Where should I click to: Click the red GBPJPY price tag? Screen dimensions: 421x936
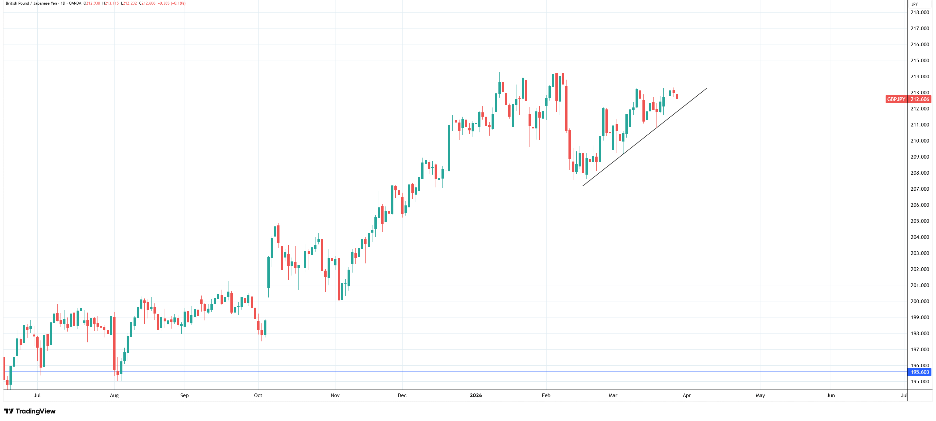pyautogui.click(x=896, y=99)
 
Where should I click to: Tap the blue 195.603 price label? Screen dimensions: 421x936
pyautogui.click(x=920, y=372)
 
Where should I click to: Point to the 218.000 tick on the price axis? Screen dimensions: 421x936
pyautogui.click(x=919, y=12)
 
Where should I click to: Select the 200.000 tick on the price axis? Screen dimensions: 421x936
pyautogui.click(x=919, y=301)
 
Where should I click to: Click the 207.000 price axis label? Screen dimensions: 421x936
pyautogui.click(x=919, y=189)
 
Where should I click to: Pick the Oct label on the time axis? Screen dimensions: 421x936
pyautogui.click(x=258, y=395)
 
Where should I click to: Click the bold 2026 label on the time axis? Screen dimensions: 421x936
pyautogui.click(x=476, y=395)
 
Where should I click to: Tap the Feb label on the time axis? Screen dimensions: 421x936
pyautogui.click(x=546, y=395)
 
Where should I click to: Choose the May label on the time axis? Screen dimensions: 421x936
pyautogui.click(x=760, y=395)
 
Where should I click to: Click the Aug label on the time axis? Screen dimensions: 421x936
pyautogui.click(x=114, y=395)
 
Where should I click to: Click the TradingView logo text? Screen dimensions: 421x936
pyautogui.click(x=35, y=411)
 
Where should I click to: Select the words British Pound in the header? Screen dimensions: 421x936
pyautogui.click(x=17, y=3)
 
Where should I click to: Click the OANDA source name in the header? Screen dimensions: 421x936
pyautogui.click(x=75, y=3)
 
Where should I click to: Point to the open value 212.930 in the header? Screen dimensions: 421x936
pyautogui.click(x=93, y=3)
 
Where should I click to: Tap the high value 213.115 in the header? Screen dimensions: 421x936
pyautogui.click(x=112, y=3)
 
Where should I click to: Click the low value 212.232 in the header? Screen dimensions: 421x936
pyautogui.click(x=130, y=3)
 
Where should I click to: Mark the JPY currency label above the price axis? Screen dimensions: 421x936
pyautogui.click(x=914, y=4)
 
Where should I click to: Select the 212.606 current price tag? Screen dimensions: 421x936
pyautogui.click(x=920, y=99)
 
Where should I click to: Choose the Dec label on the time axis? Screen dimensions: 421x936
pyautogui.click(x=402, y=395)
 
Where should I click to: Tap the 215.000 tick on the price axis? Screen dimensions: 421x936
pyautogui.click(x=919, y=60)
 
